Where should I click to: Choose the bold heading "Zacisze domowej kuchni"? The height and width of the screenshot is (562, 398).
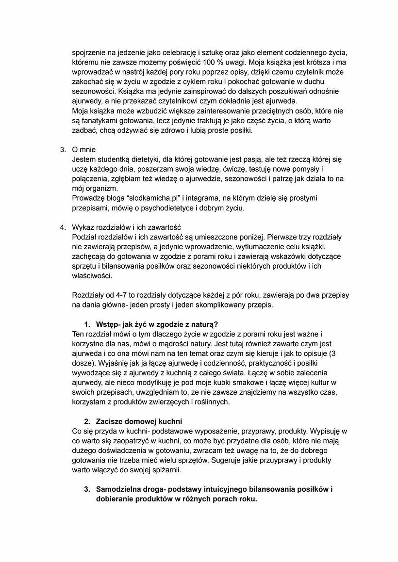(x=139, y=421)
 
